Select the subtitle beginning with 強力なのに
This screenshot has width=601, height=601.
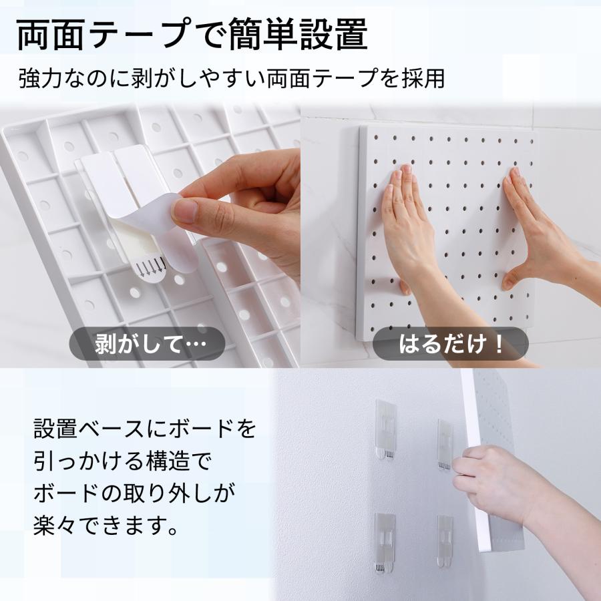tap(231, 79)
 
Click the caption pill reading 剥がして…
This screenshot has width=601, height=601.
tap(139, 345)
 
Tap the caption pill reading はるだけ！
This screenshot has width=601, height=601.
tap(450, 345)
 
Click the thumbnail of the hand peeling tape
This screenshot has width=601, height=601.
tap(150, 234)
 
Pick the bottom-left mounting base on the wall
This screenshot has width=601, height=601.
tap(385, 542)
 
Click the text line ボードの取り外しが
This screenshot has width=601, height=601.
tap(134, 494)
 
